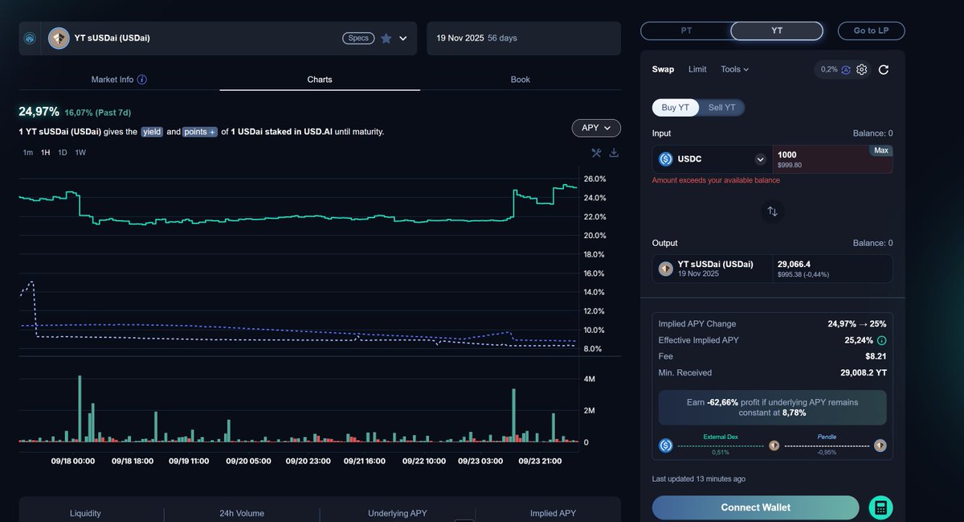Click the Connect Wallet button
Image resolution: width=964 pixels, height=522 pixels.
[x=755, y=508]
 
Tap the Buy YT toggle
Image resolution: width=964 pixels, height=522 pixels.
[x=675, y=108]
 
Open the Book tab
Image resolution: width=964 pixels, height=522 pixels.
[x=520, y=80]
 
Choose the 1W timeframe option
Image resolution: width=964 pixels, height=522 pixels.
[x=80, y=153]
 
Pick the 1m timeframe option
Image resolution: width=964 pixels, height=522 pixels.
[x=28, y=153]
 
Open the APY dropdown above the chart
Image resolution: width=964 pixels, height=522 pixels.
[x=596, y=128]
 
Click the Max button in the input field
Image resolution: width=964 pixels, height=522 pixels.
[x=880, y=151]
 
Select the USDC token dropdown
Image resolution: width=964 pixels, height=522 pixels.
[x=712, y=159]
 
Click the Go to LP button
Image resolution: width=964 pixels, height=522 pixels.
[x=871, y=31]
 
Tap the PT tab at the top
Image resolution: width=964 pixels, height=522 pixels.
[x=686, y=31]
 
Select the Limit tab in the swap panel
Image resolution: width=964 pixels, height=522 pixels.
[x=697, y=69]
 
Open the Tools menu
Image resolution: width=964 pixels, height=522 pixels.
[x=734, y=69]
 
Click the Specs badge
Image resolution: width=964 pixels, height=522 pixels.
[x=358, y=38]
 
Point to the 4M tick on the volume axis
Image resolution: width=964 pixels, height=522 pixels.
[x=589, y=379]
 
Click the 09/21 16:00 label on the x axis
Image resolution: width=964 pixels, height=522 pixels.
[x=364, y=462]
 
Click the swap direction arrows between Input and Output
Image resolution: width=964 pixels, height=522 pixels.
[x=772, y=212]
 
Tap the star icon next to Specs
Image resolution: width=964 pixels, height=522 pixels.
[x=386, y=38]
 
